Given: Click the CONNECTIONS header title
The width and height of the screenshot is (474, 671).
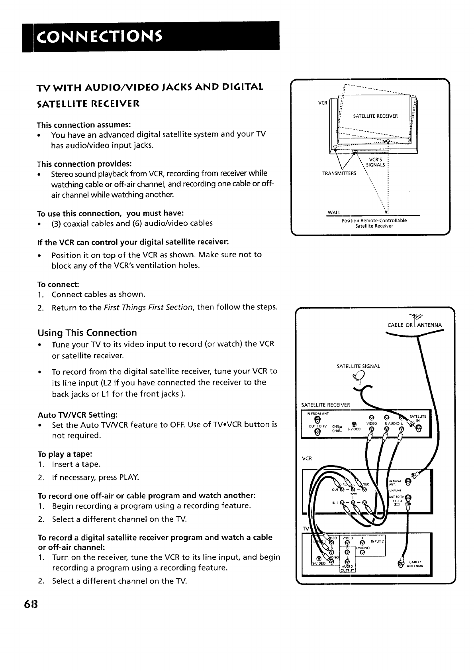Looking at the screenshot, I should tap(99, 36).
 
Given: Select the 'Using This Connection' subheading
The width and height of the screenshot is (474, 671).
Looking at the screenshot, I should tap(87, 333).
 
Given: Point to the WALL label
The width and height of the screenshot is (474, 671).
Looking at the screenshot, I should tap(333, 213).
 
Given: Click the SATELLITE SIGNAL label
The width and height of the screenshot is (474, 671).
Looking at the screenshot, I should tap(358, 366).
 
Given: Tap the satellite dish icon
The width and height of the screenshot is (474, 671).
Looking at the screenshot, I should tap(359, 376).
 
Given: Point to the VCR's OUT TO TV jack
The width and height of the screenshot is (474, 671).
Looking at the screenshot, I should tap(407, 497).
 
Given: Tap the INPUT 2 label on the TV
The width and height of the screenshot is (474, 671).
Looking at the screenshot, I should tap(378, 541).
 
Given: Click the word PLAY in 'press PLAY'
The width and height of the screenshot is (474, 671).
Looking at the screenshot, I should tap(129, 477).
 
